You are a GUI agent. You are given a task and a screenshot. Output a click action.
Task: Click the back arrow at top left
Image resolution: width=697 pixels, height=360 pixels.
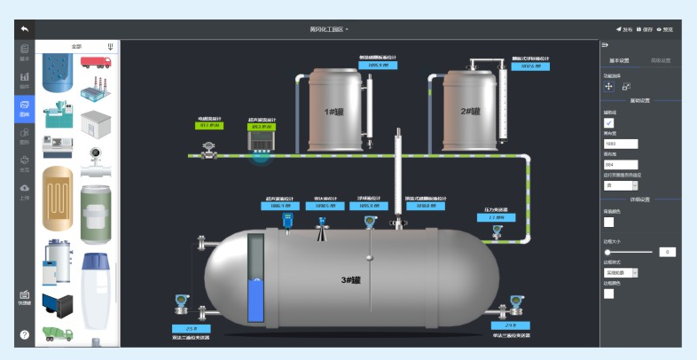click(x=25, y=29)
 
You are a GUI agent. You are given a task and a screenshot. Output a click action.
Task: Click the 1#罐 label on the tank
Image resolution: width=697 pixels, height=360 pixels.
click(x=333, y=112)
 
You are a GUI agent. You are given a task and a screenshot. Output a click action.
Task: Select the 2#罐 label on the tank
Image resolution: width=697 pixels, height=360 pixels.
click(x=470, y=112)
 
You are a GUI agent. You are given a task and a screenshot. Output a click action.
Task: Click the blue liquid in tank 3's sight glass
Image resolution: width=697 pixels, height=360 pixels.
click(x=256, y=300)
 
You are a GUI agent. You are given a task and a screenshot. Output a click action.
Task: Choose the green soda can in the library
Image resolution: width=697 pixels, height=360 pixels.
click(x=96, y=214)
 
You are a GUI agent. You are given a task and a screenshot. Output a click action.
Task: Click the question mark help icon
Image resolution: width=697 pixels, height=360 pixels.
click(x=25, y=334)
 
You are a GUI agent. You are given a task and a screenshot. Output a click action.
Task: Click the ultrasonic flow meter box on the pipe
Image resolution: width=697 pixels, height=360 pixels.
click(x=261, y=140)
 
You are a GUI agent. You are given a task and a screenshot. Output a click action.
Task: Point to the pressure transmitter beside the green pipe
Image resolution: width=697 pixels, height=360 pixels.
click(x=497, y=232)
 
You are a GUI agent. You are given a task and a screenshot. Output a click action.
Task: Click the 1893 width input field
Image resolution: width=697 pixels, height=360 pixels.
click(x=621, y=144)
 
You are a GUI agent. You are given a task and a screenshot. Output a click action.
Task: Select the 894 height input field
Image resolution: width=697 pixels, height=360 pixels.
click(x=621, y=165)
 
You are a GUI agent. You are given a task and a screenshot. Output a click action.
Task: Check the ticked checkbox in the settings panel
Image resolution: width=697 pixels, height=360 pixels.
click(x=609, y=122)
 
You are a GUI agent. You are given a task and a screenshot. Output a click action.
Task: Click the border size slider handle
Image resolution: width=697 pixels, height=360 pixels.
click(x=608, y=252)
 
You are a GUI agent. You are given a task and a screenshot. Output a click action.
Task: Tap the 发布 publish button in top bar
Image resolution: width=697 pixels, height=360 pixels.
click(x=624, y=29)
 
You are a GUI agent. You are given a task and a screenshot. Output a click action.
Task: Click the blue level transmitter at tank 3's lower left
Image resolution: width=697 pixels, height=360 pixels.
click(x=181, y=301)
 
